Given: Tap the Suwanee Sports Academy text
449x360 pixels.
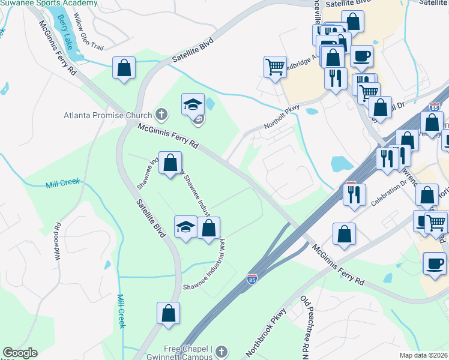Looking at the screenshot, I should point(49,3).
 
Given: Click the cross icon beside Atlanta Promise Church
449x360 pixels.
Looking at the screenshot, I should point(160,113).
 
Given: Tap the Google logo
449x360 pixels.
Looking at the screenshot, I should point(20,353).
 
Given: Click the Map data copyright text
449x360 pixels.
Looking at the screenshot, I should point(424,355).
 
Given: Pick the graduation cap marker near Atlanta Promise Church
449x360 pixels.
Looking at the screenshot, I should point(193,104).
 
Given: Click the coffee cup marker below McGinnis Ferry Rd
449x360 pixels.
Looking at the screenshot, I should point(434,263).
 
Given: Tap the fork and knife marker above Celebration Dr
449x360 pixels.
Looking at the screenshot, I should point(352,194).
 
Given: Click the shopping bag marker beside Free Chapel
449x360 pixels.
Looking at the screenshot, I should point(169,313).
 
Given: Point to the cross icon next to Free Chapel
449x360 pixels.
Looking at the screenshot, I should point(221,351).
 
